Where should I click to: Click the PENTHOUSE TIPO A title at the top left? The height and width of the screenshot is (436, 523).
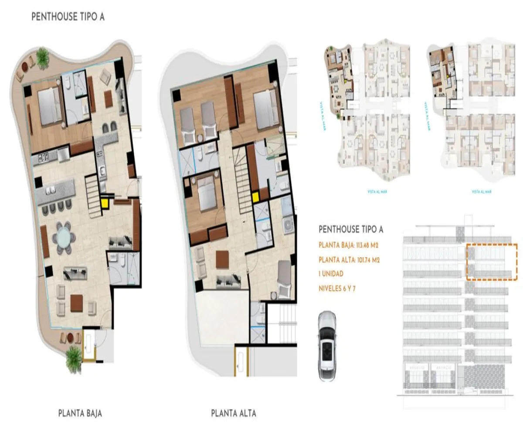click(68, 17)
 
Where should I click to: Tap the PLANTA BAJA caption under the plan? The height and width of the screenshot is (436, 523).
click(80, 413)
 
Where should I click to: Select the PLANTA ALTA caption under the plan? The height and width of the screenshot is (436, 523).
click(234, 413)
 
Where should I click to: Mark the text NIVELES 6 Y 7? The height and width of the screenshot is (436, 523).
click(337, 288)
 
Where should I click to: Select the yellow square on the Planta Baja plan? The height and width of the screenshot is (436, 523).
click(105, 202)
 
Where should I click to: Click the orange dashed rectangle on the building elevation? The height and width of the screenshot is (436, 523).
click(492, 262)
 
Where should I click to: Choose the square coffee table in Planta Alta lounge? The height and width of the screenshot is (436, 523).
click(222, 259)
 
